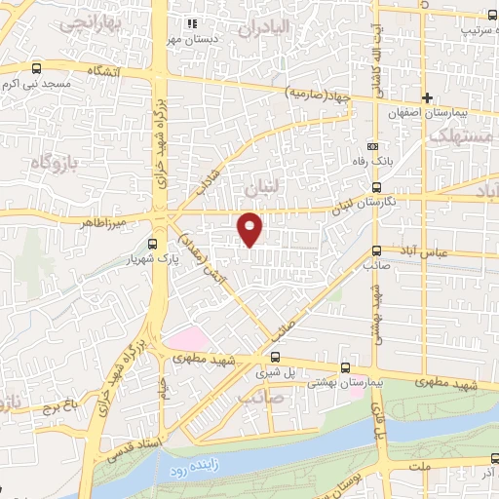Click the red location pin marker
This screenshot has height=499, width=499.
tap(250, 228)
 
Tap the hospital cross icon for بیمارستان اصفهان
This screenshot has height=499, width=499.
tap(427, 97)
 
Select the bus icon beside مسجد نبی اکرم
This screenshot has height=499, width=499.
tap(37, 69)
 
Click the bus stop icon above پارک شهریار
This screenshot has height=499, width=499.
tap(151, 245)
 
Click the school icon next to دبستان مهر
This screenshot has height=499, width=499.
tap(192, 22)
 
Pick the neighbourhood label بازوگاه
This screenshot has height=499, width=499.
tap(51, 161)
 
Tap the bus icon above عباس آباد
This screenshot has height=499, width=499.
tap(377, 249)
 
